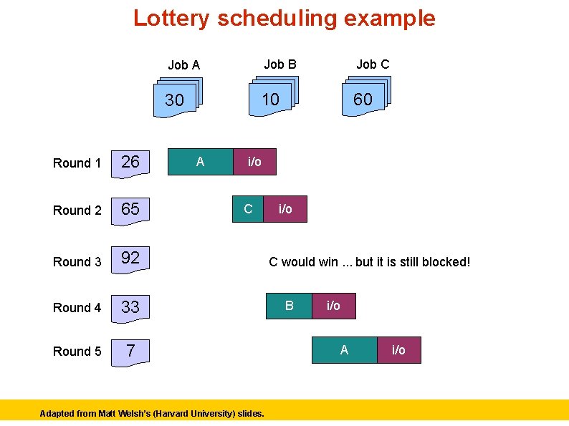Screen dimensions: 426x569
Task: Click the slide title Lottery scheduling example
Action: [x=284, y=18]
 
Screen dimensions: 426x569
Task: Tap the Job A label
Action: [x=183, y=65]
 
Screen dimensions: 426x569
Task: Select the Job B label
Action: [x=279, y=64]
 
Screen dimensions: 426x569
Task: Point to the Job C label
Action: [x=373, y=64]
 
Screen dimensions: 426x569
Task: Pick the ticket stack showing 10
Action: [x=272, y=98]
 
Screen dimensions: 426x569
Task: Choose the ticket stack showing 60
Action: [x=364, y=98]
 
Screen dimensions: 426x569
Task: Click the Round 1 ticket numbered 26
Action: [x=130, y=162]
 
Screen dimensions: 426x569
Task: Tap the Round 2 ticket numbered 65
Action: [x=130, y=209]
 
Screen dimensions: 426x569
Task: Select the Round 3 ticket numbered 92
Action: [x=130, y=258]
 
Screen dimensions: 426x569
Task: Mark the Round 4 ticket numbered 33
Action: [x=130, y=307]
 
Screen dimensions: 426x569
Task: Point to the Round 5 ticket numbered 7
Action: [x=130, y=351]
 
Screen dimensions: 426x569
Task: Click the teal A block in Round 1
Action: [x=200, y=162]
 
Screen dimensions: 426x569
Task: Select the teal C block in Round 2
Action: [x=248, y=209]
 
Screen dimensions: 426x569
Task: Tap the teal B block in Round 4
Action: [x=289, y=306]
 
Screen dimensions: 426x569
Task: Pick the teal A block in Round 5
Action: [x=344, y=350]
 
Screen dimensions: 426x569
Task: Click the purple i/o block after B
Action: [x=333, y=306]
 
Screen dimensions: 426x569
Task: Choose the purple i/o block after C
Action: [x=285, y=209]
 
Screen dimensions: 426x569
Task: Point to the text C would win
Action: [x=369, y=262]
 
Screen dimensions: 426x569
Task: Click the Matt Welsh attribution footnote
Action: [x=152, y=413]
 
